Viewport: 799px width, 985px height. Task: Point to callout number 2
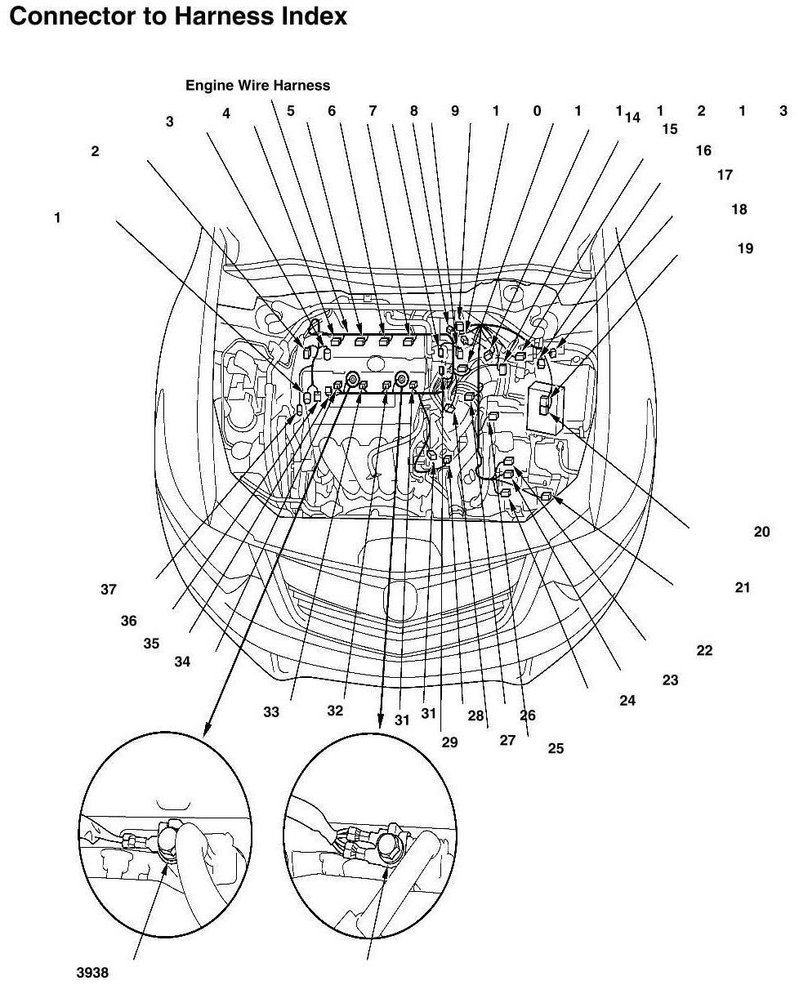click(x=96, y=151)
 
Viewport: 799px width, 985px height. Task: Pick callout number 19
click(x=745, y=248)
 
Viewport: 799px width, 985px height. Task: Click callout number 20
click(x=761, y=532)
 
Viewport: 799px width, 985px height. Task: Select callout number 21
click(x=743, y=587)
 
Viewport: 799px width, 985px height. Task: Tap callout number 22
click(x=704, y=651)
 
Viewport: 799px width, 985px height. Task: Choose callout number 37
click(x=109, y=591)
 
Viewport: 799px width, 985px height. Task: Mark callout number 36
click(x=128, y=621)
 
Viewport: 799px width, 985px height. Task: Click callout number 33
click(x=271, y=712)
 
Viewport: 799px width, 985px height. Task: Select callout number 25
click(x=556, y=747)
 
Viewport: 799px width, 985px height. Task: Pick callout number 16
click(x=703, y=150)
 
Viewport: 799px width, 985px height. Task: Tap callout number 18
click(x=739, y=210)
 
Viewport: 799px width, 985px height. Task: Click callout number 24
click(x=627, y=700)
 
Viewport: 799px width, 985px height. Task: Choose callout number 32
click(x=335, y=711)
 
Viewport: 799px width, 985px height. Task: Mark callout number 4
click(x=226, y=114)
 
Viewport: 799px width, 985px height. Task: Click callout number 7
click(x=373, y=111)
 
